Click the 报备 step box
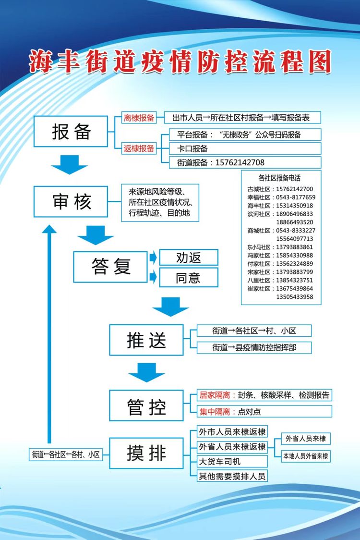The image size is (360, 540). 71,132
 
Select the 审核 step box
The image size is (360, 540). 71,201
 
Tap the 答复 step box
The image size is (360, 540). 110,267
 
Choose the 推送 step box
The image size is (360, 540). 146,340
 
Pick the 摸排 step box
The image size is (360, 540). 146,453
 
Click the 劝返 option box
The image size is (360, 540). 188,258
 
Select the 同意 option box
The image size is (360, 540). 188,278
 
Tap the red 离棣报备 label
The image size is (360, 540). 139,118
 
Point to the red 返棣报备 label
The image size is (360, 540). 139,148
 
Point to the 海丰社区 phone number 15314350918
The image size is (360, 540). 294,206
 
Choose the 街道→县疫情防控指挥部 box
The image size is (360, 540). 254,347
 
